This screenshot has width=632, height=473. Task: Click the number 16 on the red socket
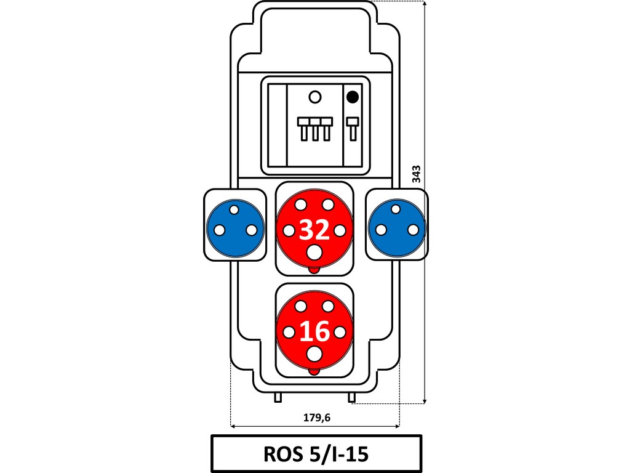pos(314,331)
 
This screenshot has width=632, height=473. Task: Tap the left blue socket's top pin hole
pos(234,209)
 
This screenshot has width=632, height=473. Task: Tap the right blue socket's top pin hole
pos(396,209)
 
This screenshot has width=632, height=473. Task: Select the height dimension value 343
pos(417,174)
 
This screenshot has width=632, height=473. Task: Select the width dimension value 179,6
pos(317,418)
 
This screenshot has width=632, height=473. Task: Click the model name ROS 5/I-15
pos(316,454)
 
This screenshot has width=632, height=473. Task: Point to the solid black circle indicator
pos(353,97)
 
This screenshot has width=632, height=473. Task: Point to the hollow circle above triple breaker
pos(315,97)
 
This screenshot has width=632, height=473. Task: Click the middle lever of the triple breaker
pos(315,129)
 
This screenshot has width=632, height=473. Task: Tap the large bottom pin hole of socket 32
pos(314,253)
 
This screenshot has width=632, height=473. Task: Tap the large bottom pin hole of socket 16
pos(314,355)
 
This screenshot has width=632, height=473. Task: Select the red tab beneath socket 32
pos(314,270)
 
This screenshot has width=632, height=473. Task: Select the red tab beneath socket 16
pos(314,372)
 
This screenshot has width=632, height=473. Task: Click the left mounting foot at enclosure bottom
pos(278,398)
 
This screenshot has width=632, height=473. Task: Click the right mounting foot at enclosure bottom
pos(351,398)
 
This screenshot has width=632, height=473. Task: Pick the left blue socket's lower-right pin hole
pos(252,230)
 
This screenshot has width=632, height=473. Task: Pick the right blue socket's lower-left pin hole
pos(381,230)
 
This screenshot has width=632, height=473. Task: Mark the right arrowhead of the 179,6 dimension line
pos(398,426)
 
